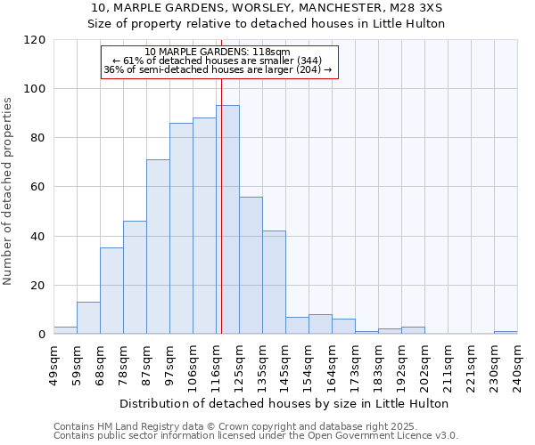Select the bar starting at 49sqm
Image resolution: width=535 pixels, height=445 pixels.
click(65, 330)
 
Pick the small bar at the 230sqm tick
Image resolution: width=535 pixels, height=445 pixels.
click(506, 332)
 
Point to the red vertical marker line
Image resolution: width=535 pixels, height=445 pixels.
click(220, 214)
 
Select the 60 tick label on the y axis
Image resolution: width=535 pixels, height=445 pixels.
click(37, 187)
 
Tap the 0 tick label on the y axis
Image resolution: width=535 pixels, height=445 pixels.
click(41, 335)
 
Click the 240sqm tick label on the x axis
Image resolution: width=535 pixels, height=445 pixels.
click(518, 365)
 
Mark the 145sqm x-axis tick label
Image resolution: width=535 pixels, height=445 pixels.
click(286, 365)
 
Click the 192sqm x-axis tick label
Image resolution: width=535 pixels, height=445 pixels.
click(402, 365)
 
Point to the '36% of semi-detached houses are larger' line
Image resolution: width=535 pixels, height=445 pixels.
click(218, 69)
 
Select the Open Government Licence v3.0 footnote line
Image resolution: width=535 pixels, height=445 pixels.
click(255, 436)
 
